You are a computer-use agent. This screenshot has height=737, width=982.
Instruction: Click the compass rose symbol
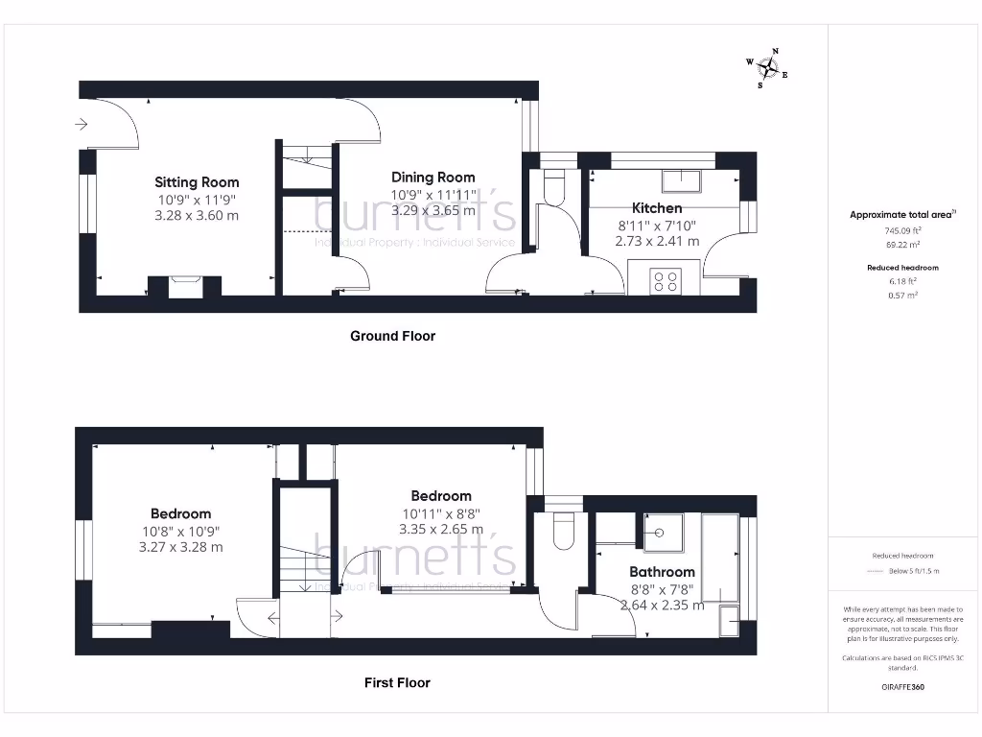pos(767,67)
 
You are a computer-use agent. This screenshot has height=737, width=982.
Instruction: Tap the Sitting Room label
pos(197,182)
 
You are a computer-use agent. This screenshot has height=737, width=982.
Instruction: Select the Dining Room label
pos(433,178)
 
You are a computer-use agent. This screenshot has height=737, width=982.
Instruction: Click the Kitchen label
pos(657,208)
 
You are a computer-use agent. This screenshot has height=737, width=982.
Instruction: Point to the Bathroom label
pos(661,572)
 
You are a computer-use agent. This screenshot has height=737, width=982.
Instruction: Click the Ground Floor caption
pos(392,336)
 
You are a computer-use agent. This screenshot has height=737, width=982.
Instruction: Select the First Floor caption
pos(397,683)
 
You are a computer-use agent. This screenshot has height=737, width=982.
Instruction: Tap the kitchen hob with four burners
pos(666,281)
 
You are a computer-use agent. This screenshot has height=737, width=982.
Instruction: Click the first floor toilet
pos(563,531)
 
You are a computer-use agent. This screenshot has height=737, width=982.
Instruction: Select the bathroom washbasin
pos(661,533)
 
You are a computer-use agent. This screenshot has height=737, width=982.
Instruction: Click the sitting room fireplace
pos(184,286)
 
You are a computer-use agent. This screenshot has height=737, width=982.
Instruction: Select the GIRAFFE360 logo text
pos(902,687)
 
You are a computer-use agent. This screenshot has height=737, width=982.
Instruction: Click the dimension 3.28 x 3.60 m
pos(197,216)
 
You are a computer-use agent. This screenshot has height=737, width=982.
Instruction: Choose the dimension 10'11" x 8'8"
pos(441,513)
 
